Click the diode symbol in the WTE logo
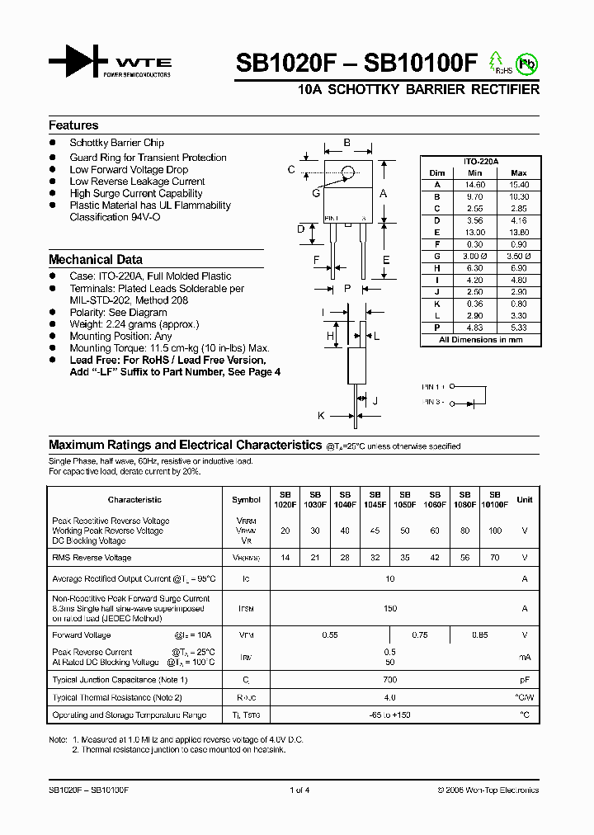[x=78, y=63]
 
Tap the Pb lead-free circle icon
[x=526, y=64]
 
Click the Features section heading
[x=73, y=125]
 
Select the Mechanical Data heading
[x=95, y=259]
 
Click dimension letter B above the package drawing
[x=347, y=144]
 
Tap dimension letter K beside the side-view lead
[x=322, y=415]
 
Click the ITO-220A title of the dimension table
[x=480, y=162]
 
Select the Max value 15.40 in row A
[x=518, y=185]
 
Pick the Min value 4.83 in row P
[x=474, y=327]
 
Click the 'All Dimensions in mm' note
[x=480, y=339]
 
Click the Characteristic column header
[x=134, y=499]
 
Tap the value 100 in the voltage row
[x=494, y=531]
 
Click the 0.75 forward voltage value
[x=419, y=635]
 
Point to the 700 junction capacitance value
[x=390, y=680]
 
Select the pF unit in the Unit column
[x=524, y=680]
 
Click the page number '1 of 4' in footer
[x=299, y=790]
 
